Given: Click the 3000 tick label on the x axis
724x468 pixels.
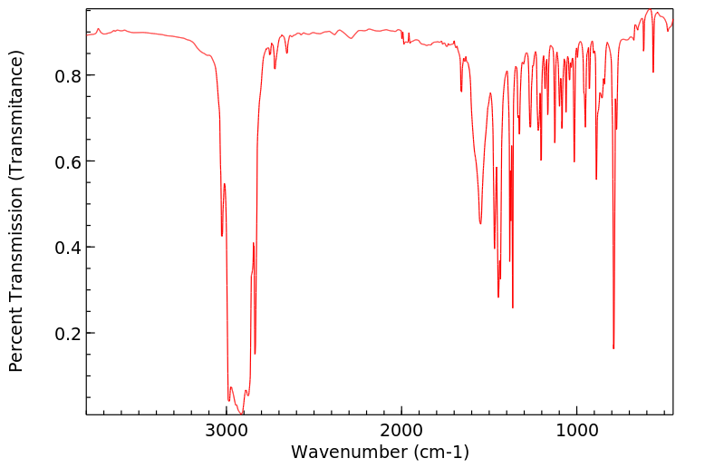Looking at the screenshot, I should pos(227,429).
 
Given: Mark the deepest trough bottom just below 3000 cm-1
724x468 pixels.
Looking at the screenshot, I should pos(241,413).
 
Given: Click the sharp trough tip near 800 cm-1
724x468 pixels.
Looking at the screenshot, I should pos(613,348).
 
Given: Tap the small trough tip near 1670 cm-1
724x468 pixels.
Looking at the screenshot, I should pos(461,92).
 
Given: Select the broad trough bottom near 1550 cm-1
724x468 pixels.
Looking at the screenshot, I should pos(480,223).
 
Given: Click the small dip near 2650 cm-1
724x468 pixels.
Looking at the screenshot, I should pos(287,53).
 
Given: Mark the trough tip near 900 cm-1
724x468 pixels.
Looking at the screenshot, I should pos(596,179).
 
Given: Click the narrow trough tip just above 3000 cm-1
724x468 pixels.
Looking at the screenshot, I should pos(222,236).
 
